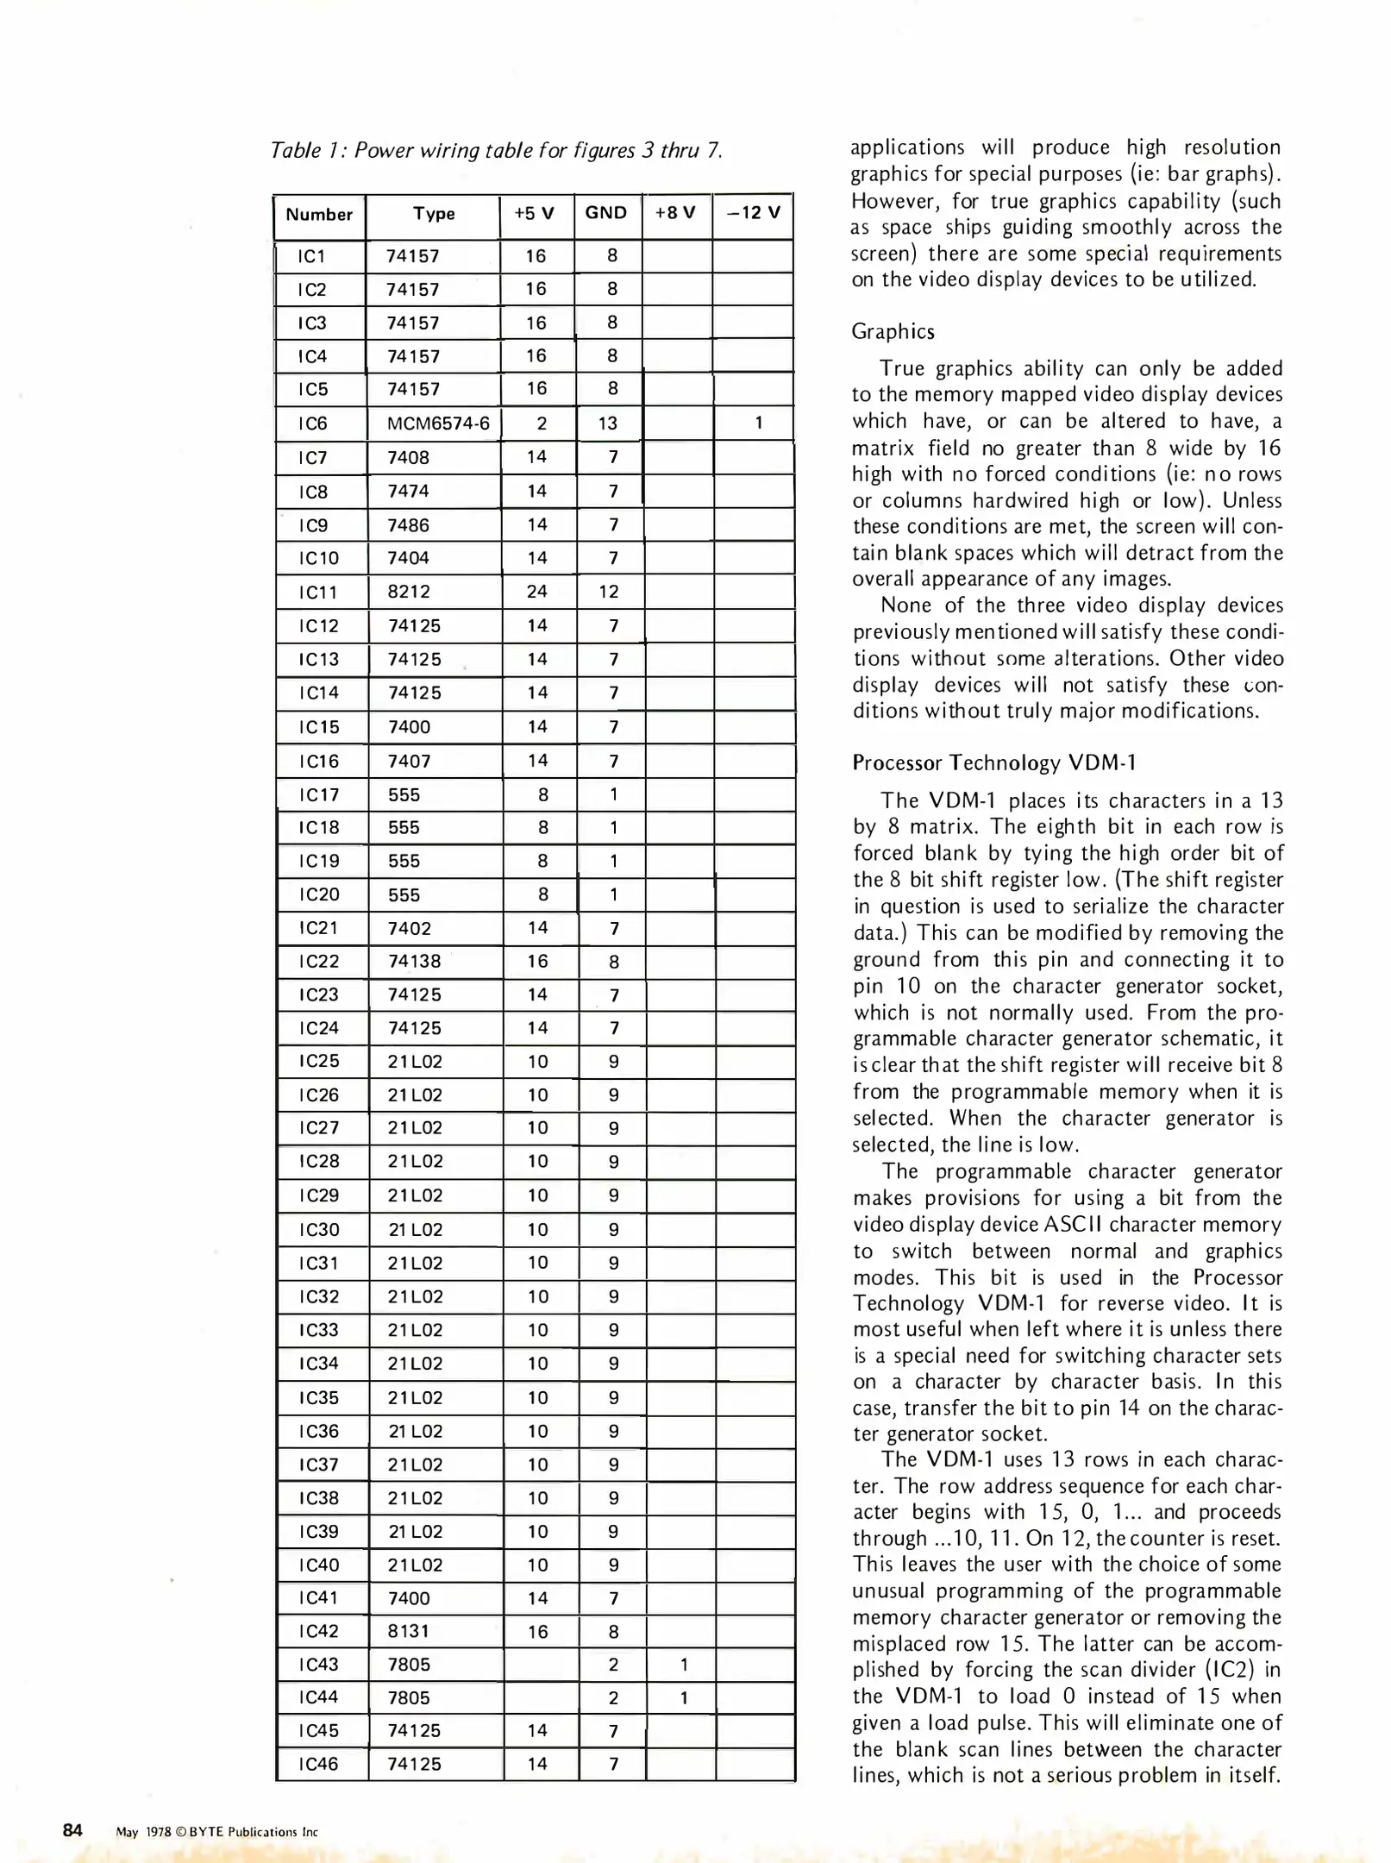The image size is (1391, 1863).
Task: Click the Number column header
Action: pyautogui.click(x=319, y=215)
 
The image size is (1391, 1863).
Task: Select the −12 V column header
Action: pyautogui.click(x=753, y=213)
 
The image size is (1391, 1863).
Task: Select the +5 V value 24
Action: pyautogui.click(x=536, y=592)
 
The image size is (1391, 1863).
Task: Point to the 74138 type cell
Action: pyautogui.click(x=414, y=961)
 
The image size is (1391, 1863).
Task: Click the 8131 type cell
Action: pyautogui.click(x=409, y=1631)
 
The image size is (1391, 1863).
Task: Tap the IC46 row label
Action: pyautogui.click(x=318, y=1764)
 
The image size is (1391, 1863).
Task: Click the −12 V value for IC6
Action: pyautogui.click(x=758, y=423)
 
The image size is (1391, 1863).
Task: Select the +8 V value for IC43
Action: pyautogui.click(x=684, y=1665)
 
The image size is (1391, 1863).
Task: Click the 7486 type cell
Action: pyautogui.click(x=409, y=525)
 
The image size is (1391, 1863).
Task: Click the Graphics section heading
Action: pyautogui.click(x=893, y=332)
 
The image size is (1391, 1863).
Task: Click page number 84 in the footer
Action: pyautogui.click(x=72, y=1830)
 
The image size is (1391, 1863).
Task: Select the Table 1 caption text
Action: pyautogui.click(x=496, y=151)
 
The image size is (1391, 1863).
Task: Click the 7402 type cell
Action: pyautogui.click(x=409, y=928)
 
